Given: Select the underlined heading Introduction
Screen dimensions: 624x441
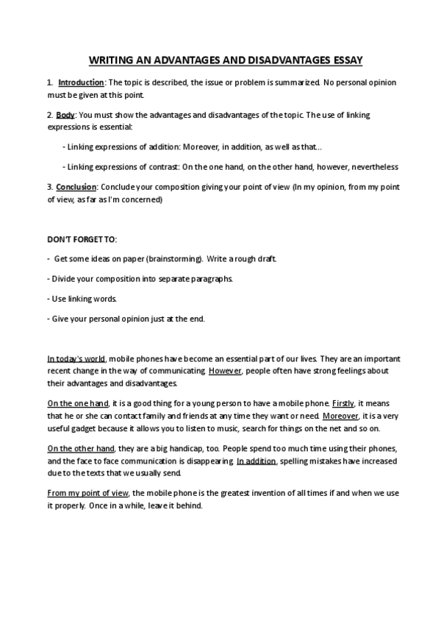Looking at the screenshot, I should (82, 82).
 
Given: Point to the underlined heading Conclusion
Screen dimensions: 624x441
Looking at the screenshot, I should (76, 187).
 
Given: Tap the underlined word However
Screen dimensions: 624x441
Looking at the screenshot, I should (226, 371).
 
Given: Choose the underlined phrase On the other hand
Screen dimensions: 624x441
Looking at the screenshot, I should (81, 449).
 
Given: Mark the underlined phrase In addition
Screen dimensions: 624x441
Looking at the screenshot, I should (256, 461).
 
